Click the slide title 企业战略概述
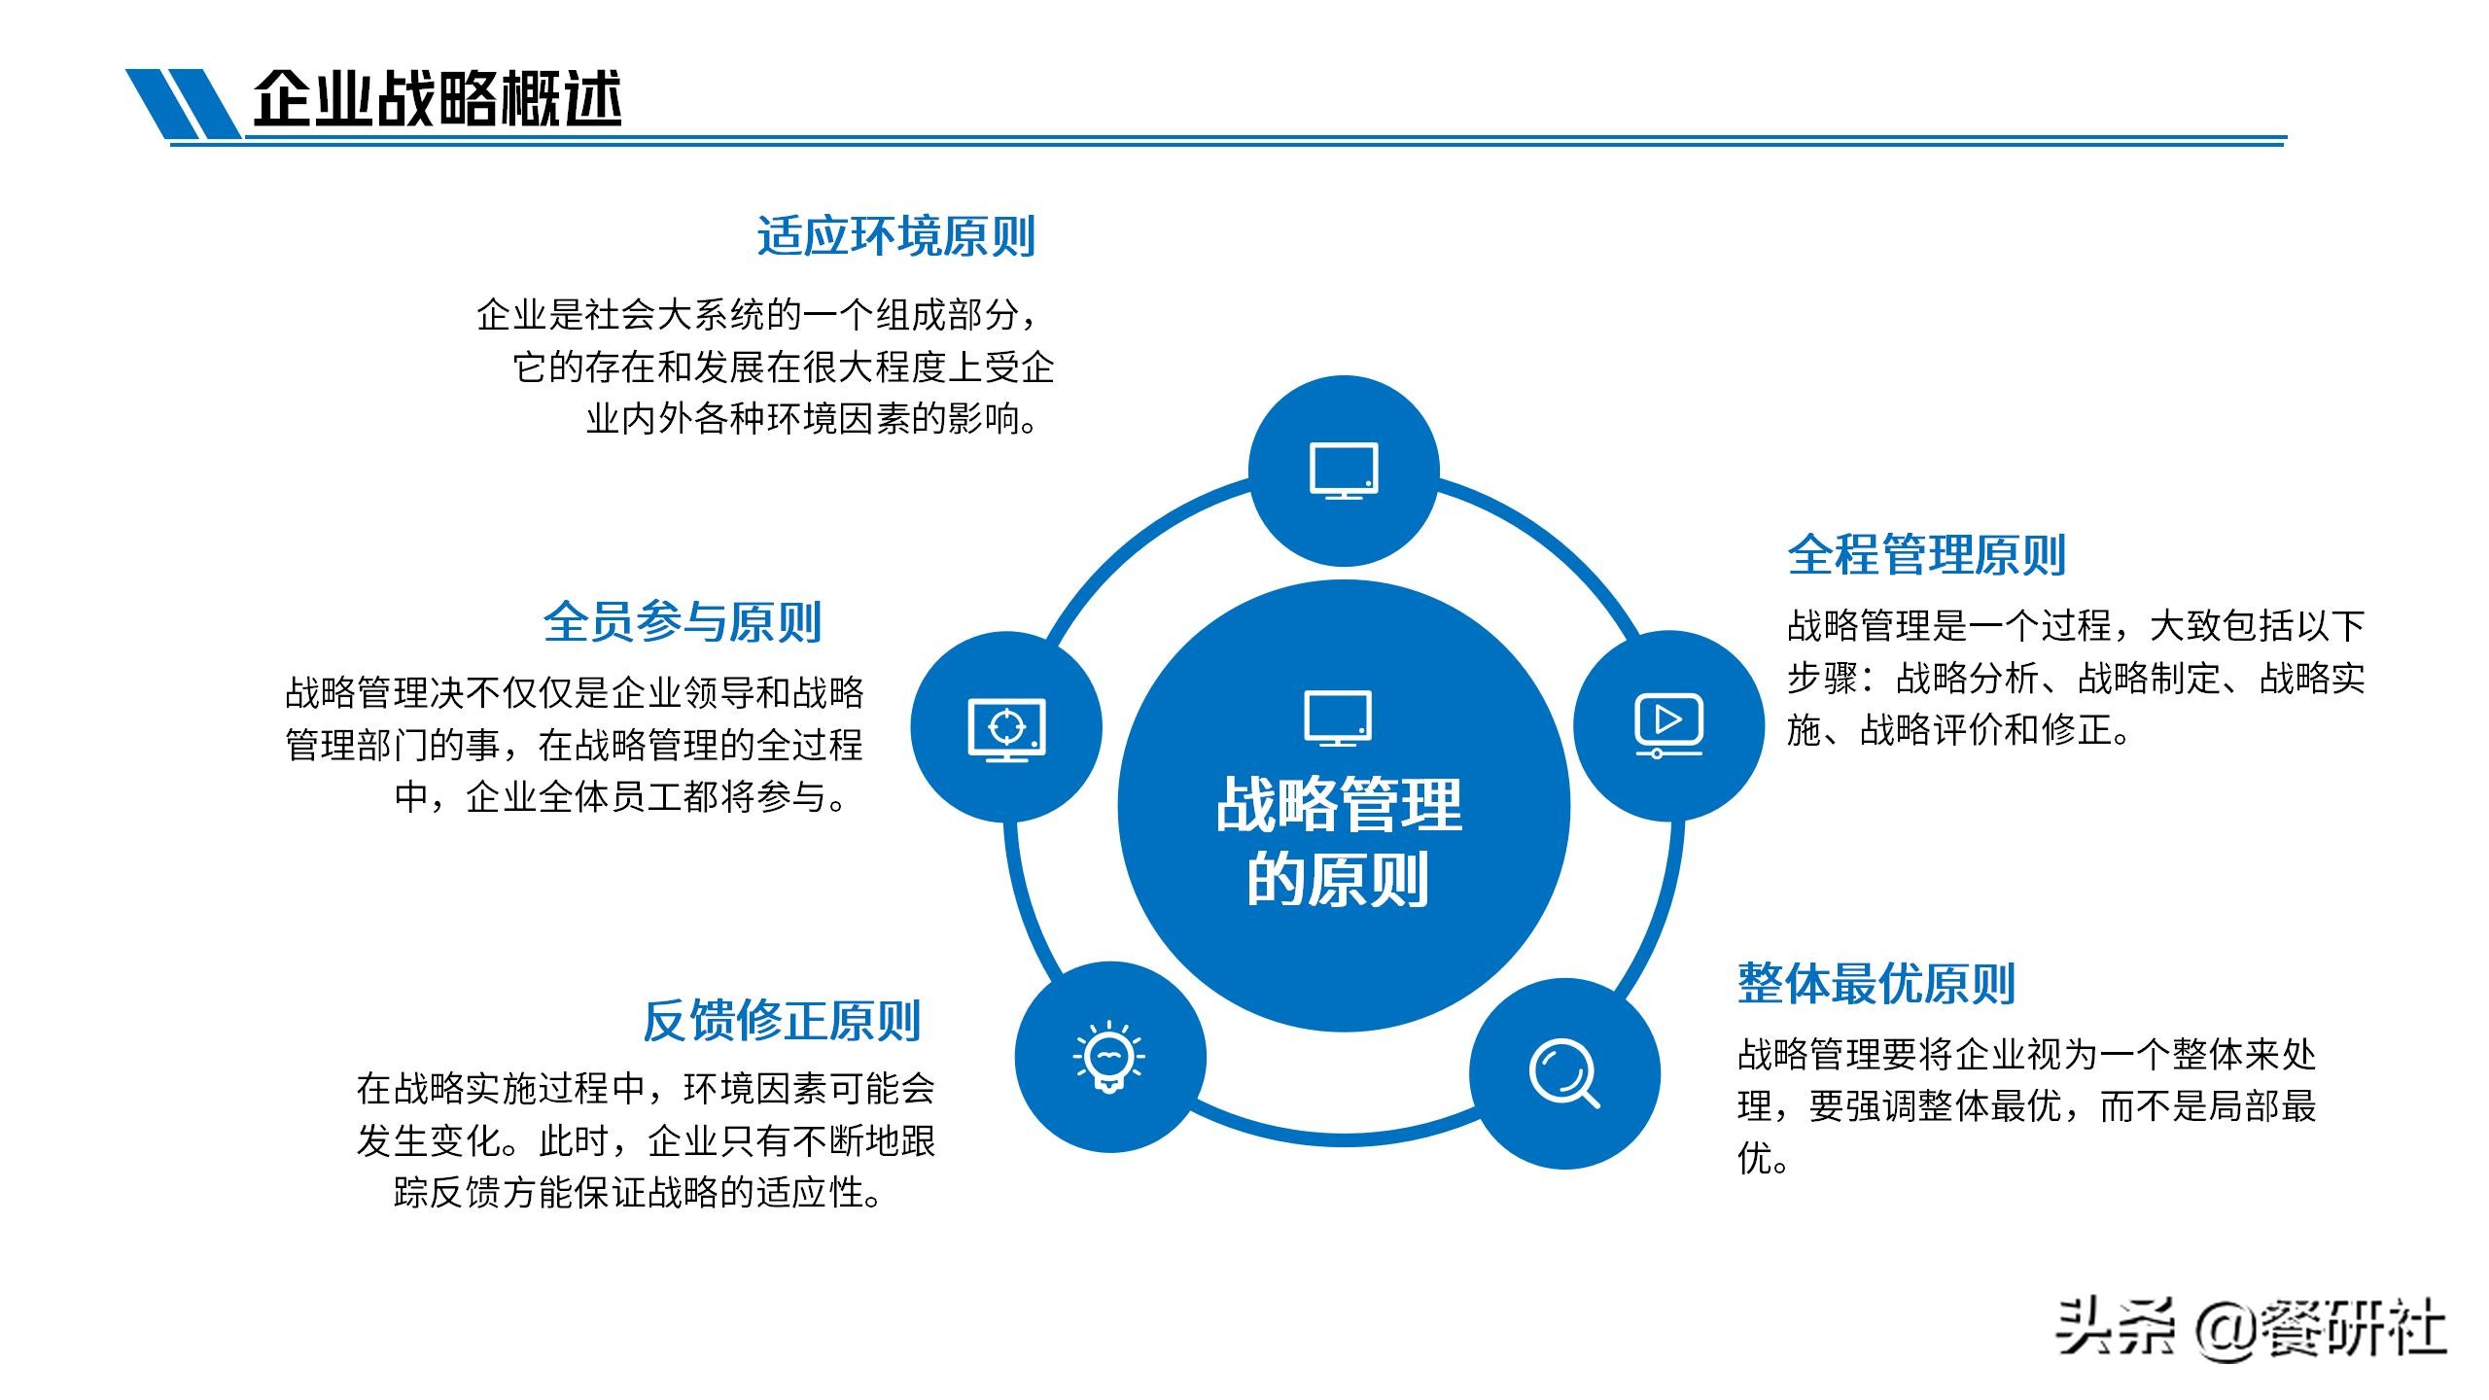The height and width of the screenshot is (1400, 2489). (x=438, y=98)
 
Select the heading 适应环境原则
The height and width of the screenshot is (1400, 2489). (x=895, y=236)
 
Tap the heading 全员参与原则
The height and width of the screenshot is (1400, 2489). (x=682, y=622)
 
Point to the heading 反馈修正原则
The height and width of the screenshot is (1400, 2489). (x=781, y=1021)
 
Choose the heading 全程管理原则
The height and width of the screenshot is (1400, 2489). (x=1926, y=554)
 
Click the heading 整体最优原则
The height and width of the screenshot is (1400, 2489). (x=1876, y=984)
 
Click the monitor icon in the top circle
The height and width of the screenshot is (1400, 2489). (x=1344, y=472)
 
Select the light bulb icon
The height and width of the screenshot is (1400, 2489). (x=1109, y=1056)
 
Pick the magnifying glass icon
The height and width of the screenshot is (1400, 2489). (x=1563, y=1073)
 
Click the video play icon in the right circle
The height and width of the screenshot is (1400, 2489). (x=1668, y=725)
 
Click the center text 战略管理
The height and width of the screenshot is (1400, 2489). (x=1339, y=805)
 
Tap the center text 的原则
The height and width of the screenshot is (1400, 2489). (x=1338, y=880)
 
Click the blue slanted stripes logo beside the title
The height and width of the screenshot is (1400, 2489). (x=183, y=103)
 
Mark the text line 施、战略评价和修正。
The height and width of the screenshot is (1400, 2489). (x=1957, y=730)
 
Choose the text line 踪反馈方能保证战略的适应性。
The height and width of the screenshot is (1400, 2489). (x=638, y=1193)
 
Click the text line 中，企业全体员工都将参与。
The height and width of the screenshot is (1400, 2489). (x=622, y=797)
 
